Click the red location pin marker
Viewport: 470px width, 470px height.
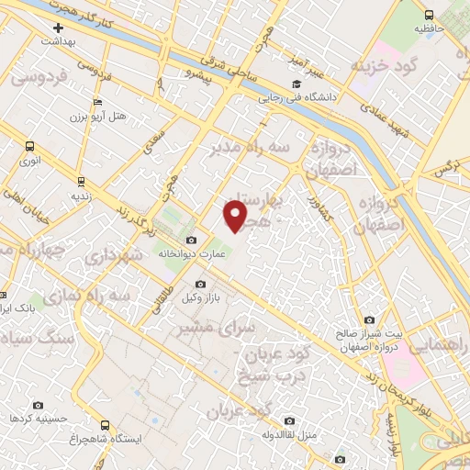236,216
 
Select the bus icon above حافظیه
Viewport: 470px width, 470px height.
429,15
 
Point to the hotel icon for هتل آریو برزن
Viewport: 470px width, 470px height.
98,104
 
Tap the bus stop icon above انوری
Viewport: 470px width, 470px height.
30,146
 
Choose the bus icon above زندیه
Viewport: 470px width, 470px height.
82,181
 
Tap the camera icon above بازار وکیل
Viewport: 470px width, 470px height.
201,285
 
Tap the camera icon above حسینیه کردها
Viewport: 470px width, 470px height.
39,405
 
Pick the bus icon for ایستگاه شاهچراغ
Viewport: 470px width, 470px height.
106,426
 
